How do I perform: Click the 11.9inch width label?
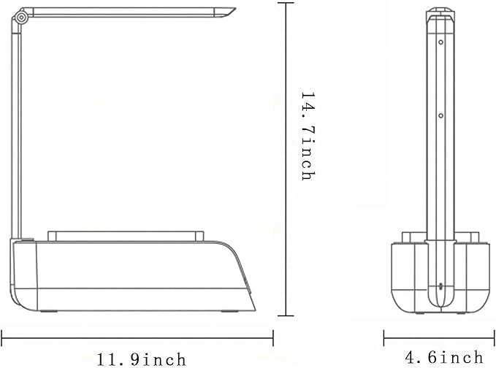[141, 359]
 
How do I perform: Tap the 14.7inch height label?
[308, 137]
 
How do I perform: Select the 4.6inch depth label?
[444, 357]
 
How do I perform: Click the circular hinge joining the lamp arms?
[21, 18]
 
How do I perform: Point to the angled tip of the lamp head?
[234, 9]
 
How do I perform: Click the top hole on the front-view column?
[440, 42]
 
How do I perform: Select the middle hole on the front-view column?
[440, 116]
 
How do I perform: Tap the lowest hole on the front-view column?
[440, 287]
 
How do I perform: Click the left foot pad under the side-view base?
[49, 311]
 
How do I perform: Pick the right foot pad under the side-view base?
[229, 311]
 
